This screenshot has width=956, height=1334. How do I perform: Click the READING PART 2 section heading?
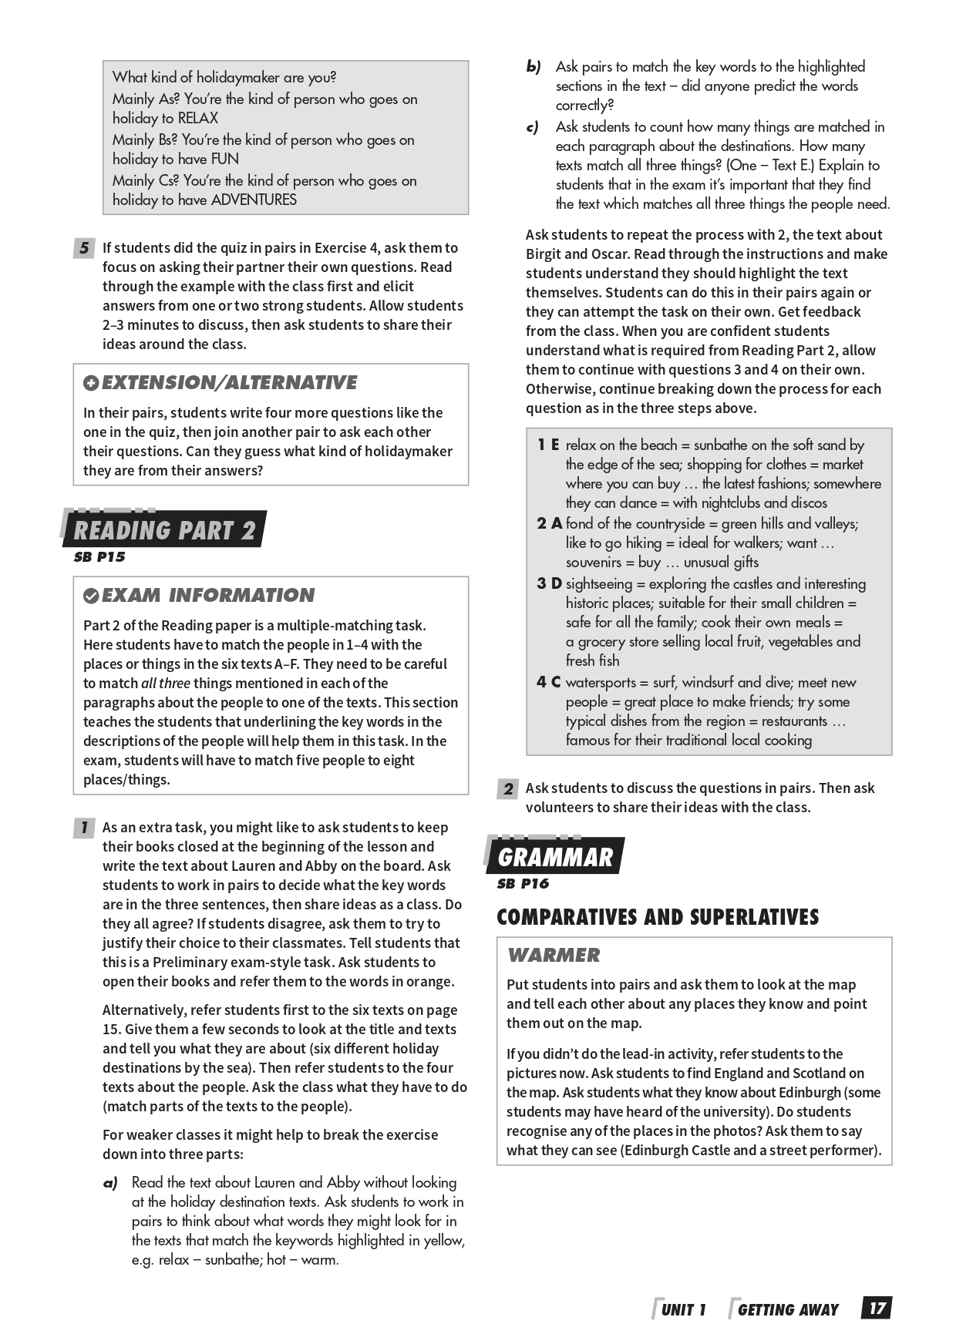tap(163, 530)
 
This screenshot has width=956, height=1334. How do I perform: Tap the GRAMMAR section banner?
tap(555, 857)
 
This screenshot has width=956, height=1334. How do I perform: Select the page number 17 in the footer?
tap(877, 1309)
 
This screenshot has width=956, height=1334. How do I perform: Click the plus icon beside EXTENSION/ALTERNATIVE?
tap(91, 383)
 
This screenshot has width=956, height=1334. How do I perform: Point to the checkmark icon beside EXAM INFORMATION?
tap(91, 596)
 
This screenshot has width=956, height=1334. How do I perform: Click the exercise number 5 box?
tap(83, 248)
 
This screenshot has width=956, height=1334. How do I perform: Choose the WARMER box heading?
tap(553, 956)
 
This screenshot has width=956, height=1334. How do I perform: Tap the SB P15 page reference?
tap(99, 557)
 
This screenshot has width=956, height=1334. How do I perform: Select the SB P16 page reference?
tap(523, 884)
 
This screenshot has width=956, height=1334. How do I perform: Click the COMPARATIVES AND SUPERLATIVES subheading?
tap(658, 917)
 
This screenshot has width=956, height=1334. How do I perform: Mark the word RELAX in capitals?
tap(197, 119)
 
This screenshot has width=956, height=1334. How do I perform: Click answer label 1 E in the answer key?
tap(548, 445)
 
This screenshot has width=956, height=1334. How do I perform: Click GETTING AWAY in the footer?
tap(787, 1309)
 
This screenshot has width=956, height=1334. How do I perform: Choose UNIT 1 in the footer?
tap(683, 1309)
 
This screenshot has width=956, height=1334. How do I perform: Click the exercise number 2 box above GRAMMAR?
tap(507, 788)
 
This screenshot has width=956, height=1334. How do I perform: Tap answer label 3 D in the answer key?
tap(549, 584)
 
